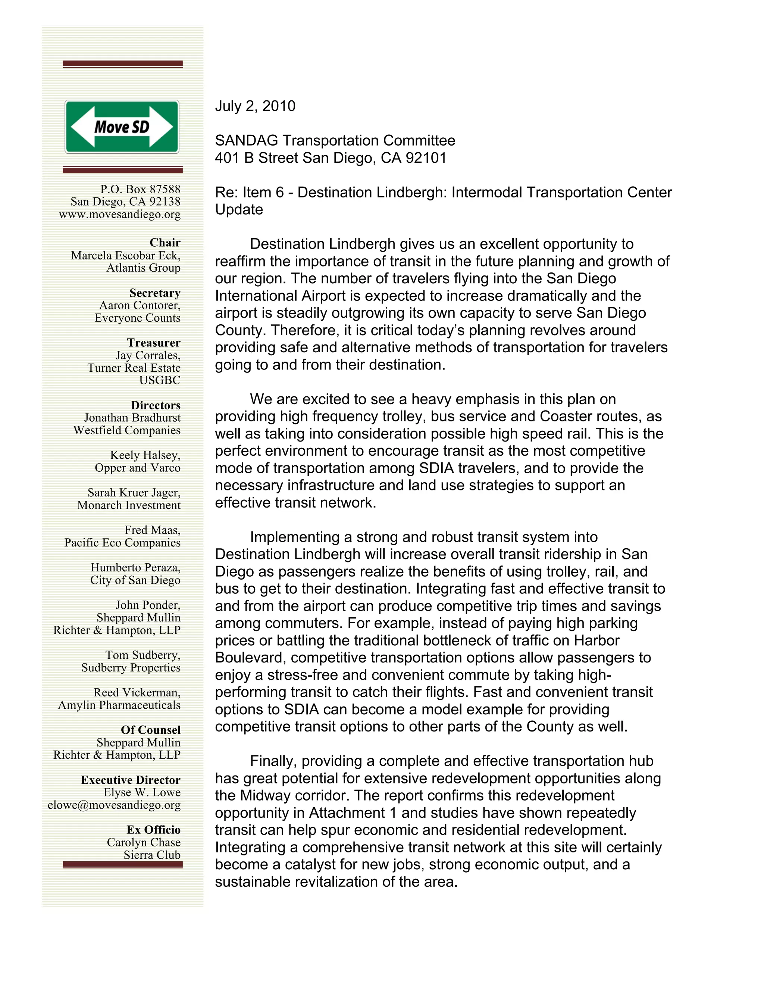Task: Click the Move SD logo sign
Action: pos(122,127)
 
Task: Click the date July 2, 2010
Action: pos(255,106)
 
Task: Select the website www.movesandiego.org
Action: pos(119,214)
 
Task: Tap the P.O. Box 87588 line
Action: pos(140,189)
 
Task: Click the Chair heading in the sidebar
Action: pos(165,243)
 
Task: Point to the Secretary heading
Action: pos(155,293)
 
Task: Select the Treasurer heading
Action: pos(153,343)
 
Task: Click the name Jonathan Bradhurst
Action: pos(132,418)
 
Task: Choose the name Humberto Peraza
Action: pos(135,568)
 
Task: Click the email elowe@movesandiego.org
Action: pos(114,805)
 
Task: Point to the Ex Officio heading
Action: pos(153,830)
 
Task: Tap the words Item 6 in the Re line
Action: pos(263,193)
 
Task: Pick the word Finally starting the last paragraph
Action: pos(273,761)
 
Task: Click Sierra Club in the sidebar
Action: pos(152,855)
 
